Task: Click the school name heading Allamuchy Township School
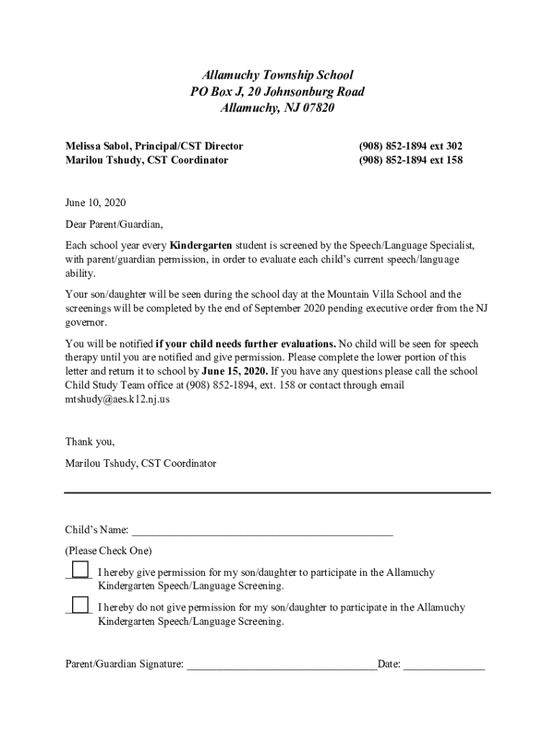(277, 75)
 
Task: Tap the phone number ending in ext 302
(410, 146)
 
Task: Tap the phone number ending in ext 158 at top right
(410, 160)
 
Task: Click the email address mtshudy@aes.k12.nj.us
(117, 399)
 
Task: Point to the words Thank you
(89, 441)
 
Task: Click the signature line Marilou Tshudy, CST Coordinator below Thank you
(141, 463)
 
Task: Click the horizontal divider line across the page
(277, 493)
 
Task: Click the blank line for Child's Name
(262, 532)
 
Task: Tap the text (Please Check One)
(108, 551)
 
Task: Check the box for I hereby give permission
(81, 569)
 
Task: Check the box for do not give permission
(81, 605)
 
